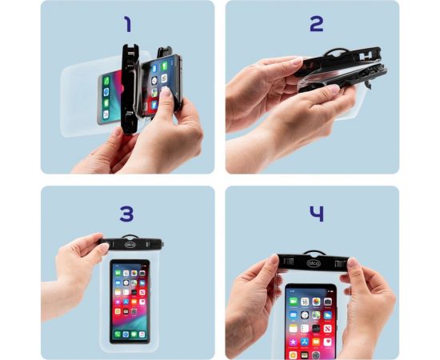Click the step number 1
[128, 24]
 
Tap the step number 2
[317, 24]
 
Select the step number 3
[126, 214]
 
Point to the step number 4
[317, 214]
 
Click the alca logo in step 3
[130, 245]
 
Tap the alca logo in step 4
[313, 263]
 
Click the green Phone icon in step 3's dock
[118, 334]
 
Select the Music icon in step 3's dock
[142, 334]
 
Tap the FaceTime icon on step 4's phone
[294, 302]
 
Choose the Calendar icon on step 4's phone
[305, 302]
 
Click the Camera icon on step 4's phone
[327, 302]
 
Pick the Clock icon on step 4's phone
[305, 315]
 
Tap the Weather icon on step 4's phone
[327, 315]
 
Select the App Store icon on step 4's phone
[305, 342]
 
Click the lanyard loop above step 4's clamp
[314, 252]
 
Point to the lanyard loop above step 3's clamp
[130, 236]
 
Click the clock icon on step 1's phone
[154, 81]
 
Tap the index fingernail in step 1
[166, 91]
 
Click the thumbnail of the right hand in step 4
[353, 262]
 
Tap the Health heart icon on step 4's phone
[327, 342]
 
